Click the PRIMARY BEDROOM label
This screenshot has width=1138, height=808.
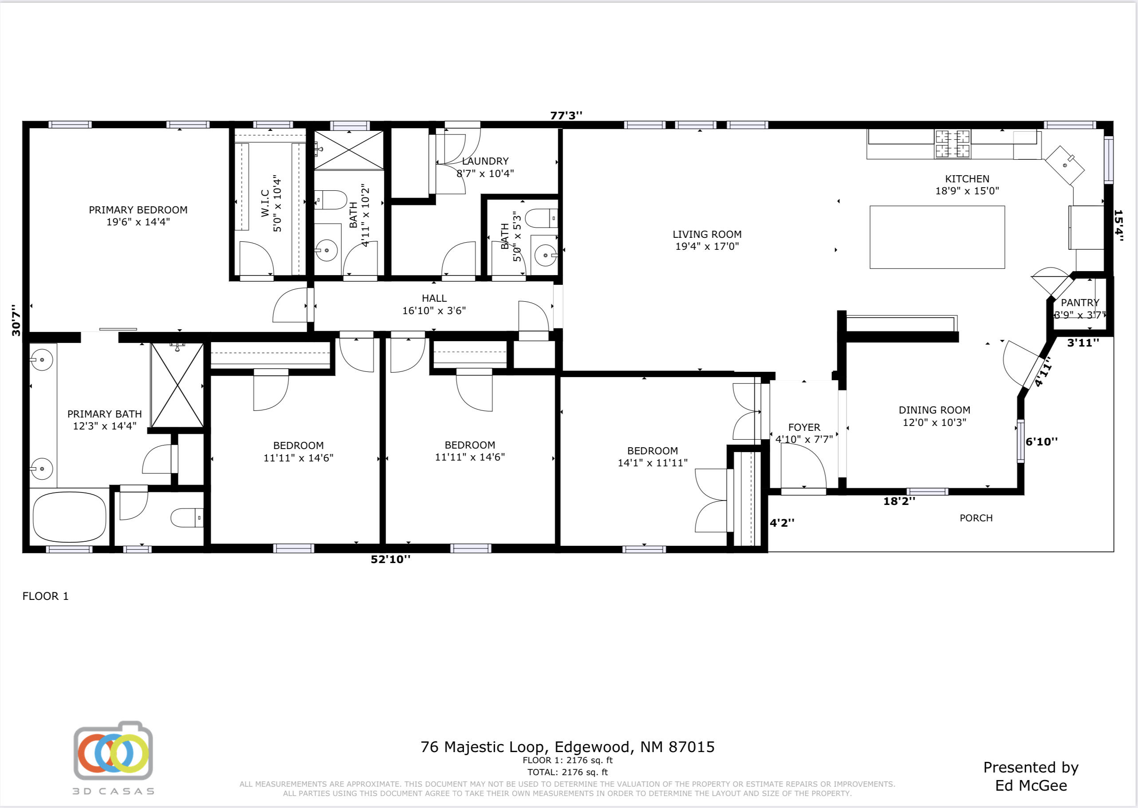pyautogui.click(x=138, y=210)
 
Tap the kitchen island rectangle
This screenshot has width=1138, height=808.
pyautogui.click(x=937, y=237)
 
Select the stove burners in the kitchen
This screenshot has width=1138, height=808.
pyautogui.click(x=952, y=144)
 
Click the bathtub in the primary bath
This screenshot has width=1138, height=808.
pyautogui.click(x=69, y=517)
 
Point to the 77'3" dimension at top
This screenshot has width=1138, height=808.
pyautogui.click(x=566, y=115)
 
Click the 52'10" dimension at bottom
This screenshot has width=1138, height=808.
pyautogui.click(x=390, y=559)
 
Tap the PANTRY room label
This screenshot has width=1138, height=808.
pyautogui.click(x=1080, y=303)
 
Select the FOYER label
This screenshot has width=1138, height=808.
pyautogui.click(x=804, y=427)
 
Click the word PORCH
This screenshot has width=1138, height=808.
pyautogui.click(x=976, y=518)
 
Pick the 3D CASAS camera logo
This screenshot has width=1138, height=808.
pyautogui.click(x=114, y=751)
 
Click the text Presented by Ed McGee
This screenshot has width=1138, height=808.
pyautogui.click(x=1031, y=776)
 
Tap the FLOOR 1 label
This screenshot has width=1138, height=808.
pyautogui.click(x=45, y=596)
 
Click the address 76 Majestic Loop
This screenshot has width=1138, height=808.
pyautogui.click(x=567, y=747)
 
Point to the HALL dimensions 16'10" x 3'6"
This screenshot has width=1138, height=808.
pyautogui.click(x=434, y=311)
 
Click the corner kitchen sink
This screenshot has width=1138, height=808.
pyautogui.click(x=1064, y=165)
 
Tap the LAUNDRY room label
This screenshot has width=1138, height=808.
pyautogui.click(x=485, y=161)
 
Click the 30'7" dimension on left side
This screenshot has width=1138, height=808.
pyautogui.click(x=16, y=320)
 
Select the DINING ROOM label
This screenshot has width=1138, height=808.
pyautogui.click(x=934, y=410)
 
